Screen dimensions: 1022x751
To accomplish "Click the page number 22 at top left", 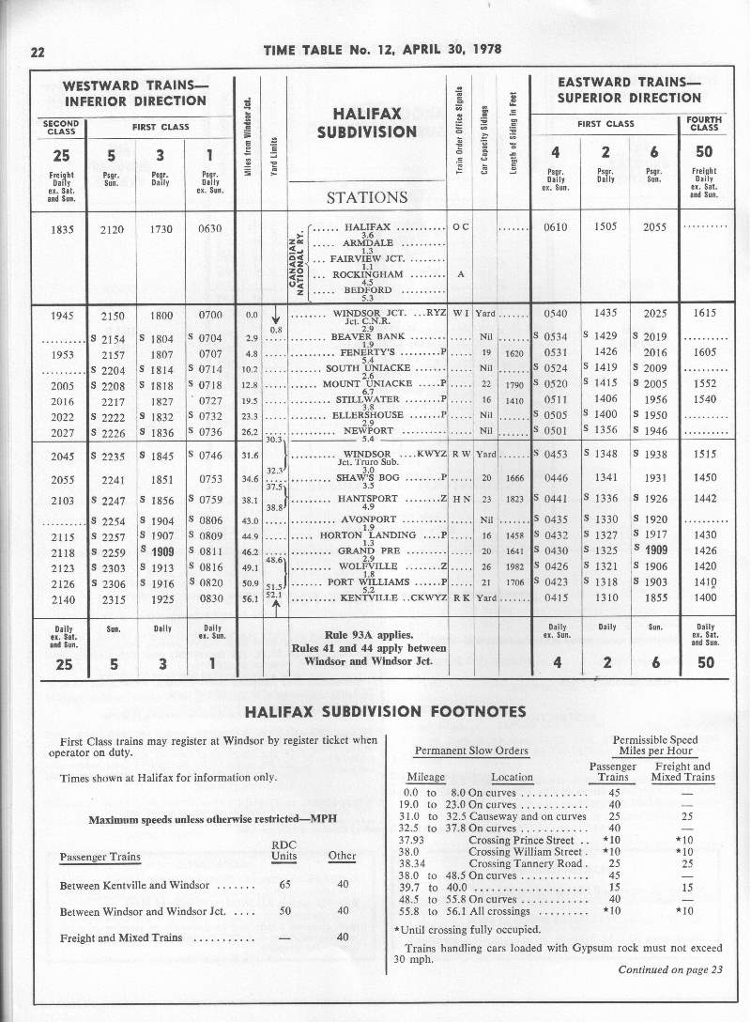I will pos(39,52).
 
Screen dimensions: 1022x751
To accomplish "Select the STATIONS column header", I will pos(366,197).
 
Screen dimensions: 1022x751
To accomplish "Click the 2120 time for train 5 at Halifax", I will pos(111,228).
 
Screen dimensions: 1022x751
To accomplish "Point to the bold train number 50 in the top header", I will pos(705,152).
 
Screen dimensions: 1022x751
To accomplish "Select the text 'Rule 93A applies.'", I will pos(365,634).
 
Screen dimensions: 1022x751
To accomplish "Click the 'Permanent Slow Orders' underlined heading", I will pos(472,751).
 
